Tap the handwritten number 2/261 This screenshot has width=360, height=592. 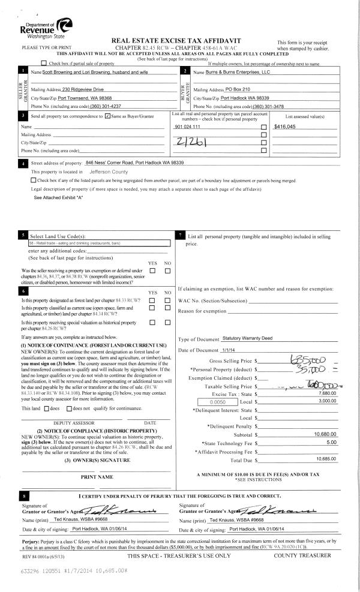(189, 140)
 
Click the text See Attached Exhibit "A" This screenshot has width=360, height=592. (58, 197)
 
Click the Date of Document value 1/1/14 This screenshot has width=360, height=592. (229, 350)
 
